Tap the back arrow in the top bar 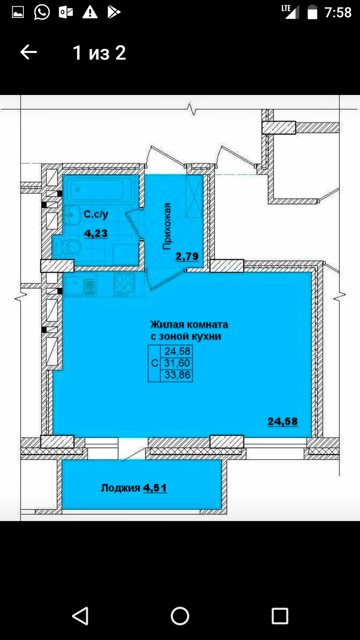click(x=28, y=52)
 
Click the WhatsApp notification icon click(x=42, y=12)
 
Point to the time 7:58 click(x=337, y=13)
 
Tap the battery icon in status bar click(x=312, y=12)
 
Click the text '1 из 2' click(x=99, y=53)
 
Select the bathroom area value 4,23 click(x=96, y=234)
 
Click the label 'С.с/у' click(x=96, y=214)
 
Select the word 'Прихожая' click(x=167, y=226)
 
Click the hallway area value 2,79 click(x=187, y=256)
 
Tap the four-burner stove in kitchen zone click(x=124, y=284)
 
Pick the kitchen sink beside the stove click(x=80, y=284)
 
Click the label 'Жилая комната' click(x=189, y=325)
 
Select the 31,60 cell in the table click(x=177, y=363)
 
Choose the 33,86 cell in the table click(x=177, y=375)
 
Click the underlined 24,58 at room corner click(x=283, y=421)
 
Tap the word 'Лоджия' click(x=121, y=488)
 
